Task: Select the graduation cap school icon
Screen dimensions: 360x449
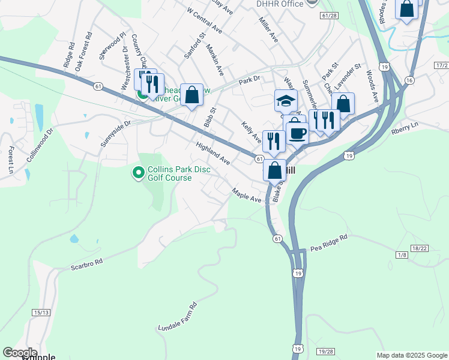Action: (x=286, y=101)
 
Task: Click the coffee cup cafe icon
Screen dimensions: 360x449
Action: (x=297, y=131)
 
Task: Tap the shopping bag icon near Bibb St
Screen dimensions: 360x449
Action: (x=191, y=95)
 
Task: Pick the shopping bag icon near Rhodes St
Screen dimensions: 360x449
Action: (x=406, y=9)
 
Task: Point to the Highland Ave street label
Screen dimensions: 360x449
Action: (x=212, y=154)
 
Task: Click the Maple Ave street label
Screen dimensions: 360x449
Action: (x=247, y=195)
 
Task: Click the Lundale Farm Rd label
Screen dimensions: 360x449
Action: (x=178, y=318)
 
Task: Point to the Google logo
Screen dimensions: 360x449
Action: (x=20, y=353)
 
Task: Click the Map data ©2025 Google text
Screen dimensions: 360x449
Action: (x=411, y=355)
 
